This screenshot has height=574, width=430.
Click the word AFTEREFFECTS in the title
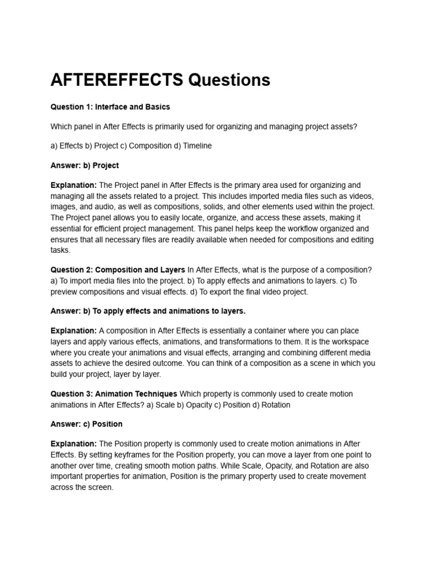116,80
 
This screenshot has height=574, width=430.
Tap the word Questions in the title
229,80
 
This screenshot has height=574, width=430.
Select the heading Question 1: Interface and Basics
110,107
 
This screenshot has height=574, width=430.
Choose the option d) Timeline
193,146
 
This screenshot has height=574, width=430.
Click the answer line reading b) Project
85,165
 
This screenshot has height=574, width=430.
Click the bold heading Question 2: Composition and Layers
118,270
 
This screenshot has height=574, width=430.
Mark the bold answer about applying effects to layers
148,311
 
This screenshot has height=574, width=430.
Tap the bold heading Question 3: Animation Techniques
114,394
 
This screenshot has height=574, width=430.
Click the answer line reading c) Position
86,424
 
